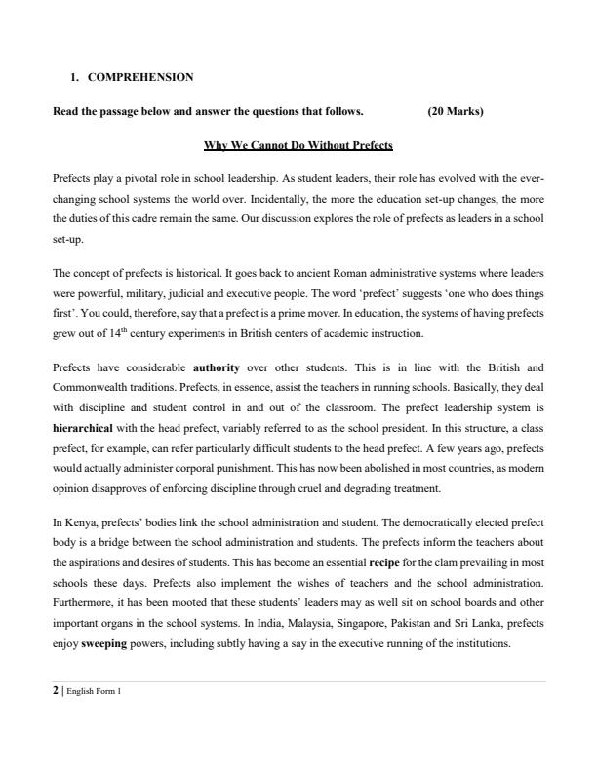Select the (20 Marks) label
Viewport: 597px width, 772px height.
[x=456, y=111]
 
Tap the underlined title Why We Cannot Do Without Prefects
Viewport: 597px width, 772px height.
[x=298, y=146]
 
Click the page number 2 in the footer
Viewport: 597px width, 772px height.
[x=55, y=691]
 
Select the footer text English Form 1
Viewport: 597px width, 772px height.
[x=93, y=692]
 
